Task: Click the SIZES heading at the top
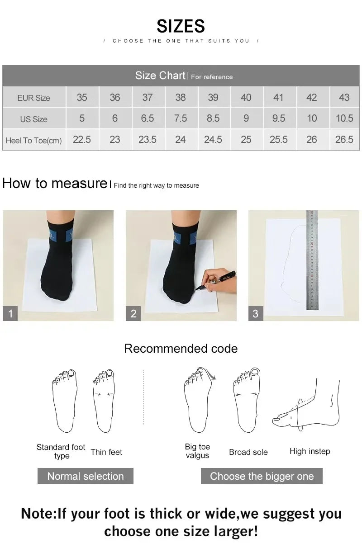click(x=181, y=26)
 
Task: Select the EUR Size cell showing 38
click(x=180, y=97)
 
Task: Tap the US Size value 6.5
click(x=147, y=118)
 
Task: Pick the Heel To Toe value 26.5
click(x=344, y=140)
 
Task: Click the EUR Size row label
click(x=34, y=98)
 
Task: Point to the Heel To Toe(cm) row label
click(x=34, y=140)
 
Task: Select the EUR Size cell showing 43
click(x=344, y=97)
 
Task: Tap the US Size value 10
click(x=311, y=118)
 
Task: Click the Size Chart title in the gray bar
click(x=161, y=76)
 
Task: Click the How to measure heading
click(x=54, y=183)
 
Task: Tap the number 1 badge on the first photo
click(x=10, y=313)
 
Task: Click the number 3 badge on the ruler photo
click(x=255, y=313)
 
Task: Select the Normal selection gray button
click(x=85, y=476)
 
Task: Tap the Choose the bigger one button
click(x=262, y=476)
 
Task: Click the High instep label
click(x=310, y=451)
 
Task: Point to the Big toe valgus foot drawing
click(x=198, y=400)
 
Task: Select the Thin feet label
click(x=106, y=452)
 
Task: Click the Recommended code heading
click(x=181, y=349)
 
